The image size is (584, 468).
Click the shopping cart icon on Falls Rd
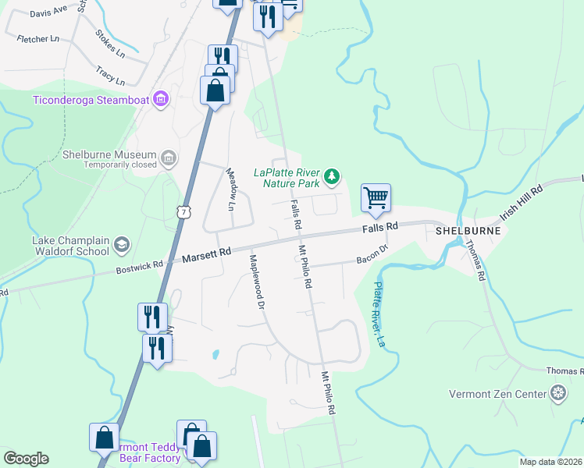(x=376, y=197)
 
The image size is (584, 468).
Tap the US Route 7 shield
(x=183, y=211)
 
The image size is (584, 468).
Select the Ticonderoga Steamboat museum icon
(x=162, y=99)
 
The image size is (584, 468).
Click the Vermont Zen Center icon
(x=558, y=394)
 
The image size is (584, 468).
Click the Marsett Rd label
(x=207, y=253)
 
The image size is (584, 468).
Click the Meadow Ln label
(x=230, y=190)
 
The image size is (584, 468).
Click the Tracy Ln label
(x=110, y=76)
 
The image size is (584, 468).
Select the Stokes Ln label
(x=110, y=45)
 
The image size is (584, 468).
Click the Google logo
(x=26, y=459)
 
